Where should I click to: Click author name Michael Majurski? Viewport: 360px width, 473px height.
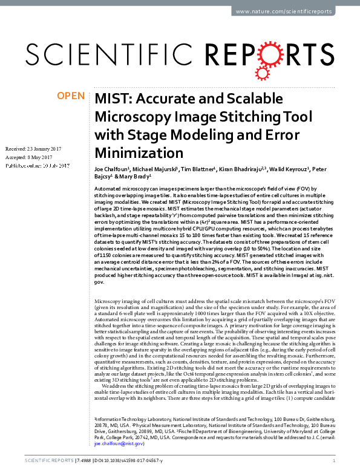(155, 170)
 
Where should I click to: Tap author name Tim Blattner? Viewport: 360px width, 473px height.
(201, 170)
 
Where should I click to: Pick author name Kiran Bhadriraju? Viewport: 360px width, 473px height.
(249, 170)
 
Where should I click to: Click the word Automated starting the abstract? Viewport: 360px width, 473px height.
(110, 190)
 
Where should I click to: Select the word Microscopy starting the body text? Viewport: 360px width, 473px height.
(110, 301)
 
